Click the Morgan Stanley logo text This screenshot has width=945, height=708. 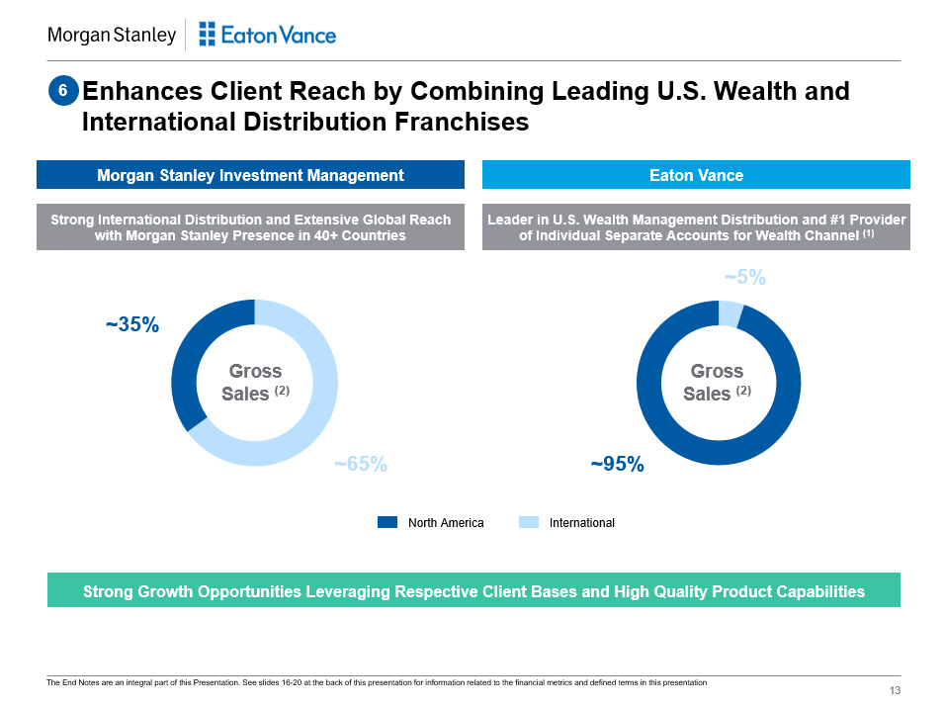(x=112, y=36)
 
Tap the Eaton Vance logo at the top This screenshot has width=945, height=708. (x=267, y=36)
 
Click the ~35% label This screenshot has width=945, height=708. (x=132, y=324)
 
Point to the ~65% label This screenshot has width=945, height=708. (x=360, y=464)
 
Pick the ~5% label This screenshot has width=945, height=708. (x=744, y=279)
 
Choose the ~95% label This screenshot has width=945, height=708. (x=617, y=464)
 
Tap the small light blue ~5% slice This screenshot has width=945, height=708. (x=730, y=313)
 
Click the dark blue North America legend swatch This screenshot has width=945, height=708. (x=387, y=522)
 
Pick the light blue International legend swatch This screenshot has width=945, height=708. (x=529, y=522)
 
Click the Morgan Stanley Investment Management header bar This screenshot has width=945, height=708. (x=250, y=175)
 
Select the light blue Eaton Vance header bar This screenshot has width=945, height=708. (x=696, y=175)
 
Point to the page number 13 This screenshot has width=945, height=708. (x=896, y=690)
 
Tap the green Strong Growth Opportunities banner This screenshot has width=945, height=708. (x=473, y=591)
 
